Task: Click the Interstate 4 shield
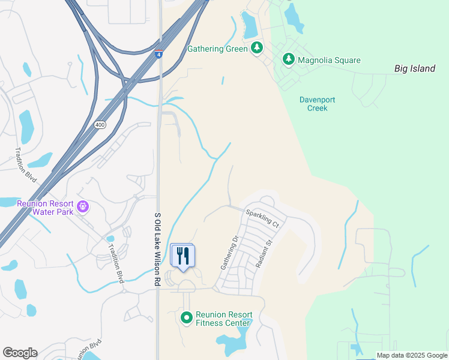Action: click(x=158, y=54)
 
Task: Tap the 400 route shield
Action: click(x=100, y=124)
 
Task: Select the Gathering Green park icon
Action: click(x=257, y=48)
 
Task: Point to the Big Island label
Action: click(x=415, y=68)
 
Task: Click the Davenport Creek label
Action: click(x=313, y=104)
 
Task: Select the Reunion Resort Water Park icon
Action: click(x=83, y=207)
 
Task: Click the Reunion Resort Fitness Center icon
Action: click(x=187, y=317)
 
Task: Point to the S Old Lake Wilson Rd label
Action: click(x=158, y=250)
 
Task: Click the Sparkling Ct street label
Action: click(x=262, y=218)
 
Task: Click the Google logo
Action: click(x=20, y=353)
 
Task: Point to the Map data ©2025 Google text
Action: click(x=411, y=355)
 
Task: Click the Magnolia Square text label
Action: click(x=329, y=60)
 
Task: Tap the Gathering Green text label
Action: click(x=217, y=49)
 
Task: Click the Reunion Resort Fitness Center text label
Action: click(x=224, y=319)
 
